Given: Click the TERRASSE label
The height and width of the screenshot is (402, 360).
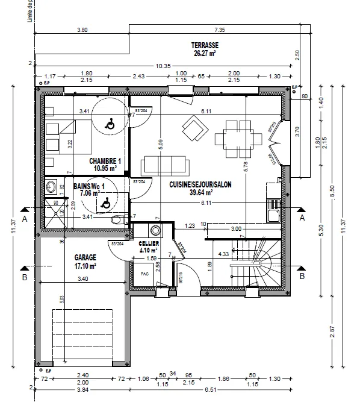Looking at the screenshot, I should pos(205,45).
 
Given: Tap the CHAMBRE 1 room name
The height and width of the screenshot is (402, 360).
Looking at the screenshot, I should pos(105,161).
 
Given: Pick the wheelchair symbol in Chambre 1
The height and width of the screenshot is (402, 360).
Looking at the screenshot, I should pos(110,125).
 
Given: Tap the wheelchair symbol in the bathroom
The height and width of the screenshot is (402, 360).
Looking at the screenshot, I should pos(105,204).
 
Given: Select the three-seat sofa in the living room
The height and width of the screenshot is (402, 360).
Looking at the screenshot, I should pos(164,165).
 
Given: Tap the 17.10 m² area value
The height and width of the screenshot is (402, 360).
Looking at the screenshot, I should pos(84,265).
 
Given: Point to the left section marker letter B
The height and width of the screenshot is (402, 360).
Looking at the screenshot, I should pos(24,278).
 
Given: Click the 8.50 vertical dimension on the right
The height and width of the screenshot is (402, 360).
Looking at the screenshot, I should pos(332,196).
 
